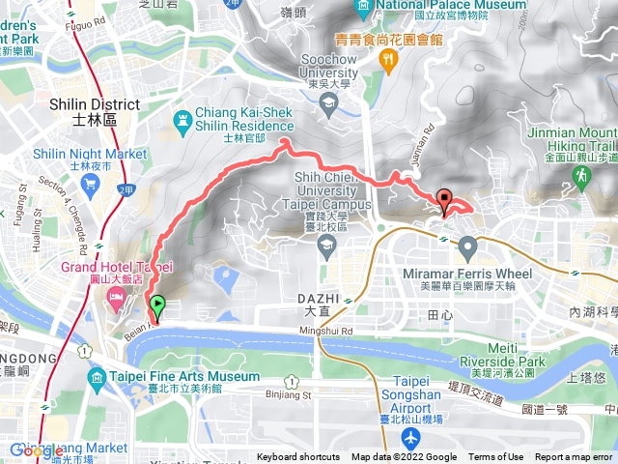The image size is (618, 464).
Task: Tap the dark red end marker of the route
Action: coord(445,201)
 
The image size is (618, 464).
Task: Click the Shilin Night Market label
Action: coord(90,154)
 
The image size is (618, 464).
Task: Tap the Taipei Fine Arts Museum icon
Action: coord(96,377)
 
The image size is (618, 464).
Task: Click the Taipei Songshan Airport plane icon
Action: coord(412,439)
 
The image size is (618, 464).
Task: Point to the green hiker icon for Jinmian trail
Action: coord(582,176)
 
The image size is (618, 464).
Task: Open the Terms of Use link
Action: coord(496,457)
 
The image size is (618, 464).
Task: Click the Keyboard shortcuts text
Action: coord(297,457)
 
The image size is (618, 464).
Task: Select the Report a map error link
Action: coord(575,457)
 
